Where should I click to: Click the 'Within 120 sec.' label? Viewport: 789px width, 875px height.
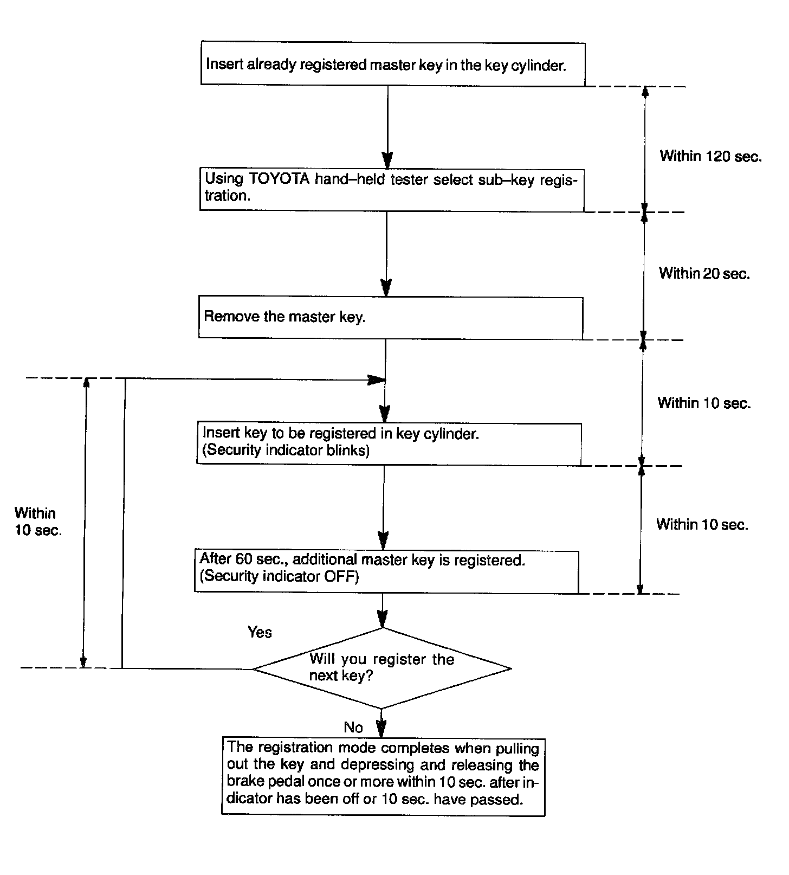[x=710, y=156]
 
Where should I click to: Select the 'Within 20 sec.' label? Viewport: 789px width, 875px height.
[x=704, y=273]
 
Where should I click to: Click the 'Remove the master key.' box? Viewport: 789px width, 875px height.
[x=390, y=317]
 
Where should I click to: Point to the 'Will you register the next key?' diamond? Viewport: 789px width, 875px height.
[x=382, y=668]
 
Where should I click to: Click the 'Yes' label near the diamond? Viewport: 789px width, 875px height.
[x=260, y=632]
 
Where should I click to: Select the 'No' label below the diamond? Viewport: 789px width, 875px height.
[x=353, y=727]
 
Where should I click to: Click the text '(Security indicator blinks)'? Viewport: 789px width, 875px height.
[x=286, y=450]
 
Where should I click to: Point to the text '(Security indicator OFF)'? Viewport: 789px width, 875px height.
[x=279, y=576]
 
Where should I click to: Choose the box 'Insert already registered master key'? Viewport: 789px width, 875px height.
[x=392, y=65]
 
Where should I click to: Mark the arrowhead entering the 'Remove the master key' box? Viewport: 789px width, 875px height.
[x=385, y=287]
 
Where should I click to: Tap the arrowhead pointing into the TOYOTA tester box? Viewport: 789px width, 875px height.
[x=387, y=160]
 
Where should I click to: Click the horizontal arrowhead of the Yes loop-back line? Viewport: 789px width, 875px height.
[x=376, y=379]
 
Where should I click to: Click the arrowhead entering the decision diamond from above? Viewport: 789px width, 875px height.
[x=383, y=619]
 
